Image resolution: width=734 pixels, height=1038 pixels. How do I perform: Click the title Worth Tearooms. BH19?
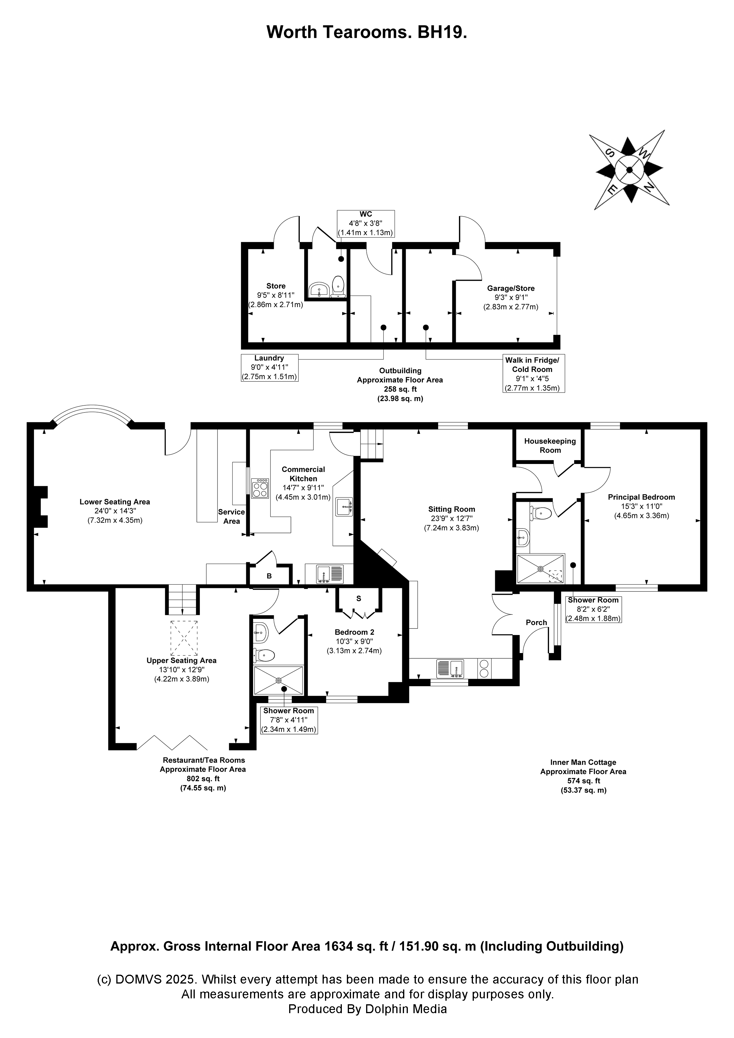click(x=366, y=32)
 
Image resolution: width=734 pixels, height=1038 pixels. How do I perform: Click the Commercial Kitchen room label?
click(x=303, y=474)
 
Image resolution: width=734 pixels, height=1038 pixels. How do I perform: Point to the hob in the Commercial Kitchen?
click(x=260, y=488)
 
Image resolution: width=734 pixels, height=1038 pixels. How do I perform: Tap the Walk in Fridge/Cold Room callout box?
click(x=533, y=373)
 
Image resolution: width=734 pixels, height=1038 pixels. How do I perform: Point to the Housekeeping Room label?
click(x=550, y=445)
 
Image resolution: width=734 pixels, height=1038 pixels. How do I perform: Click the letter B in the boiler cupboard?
click(x=269, y=576)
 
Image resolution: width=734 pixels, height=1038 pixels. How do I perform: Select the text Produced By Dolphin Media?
click(x=367, y=1009)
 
